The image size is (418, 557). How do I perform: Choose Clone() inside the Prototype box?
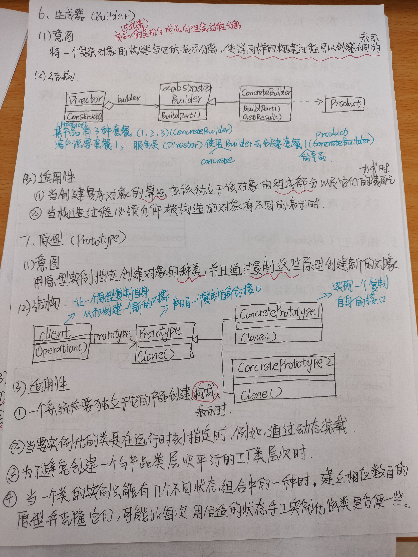point(156,355)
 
